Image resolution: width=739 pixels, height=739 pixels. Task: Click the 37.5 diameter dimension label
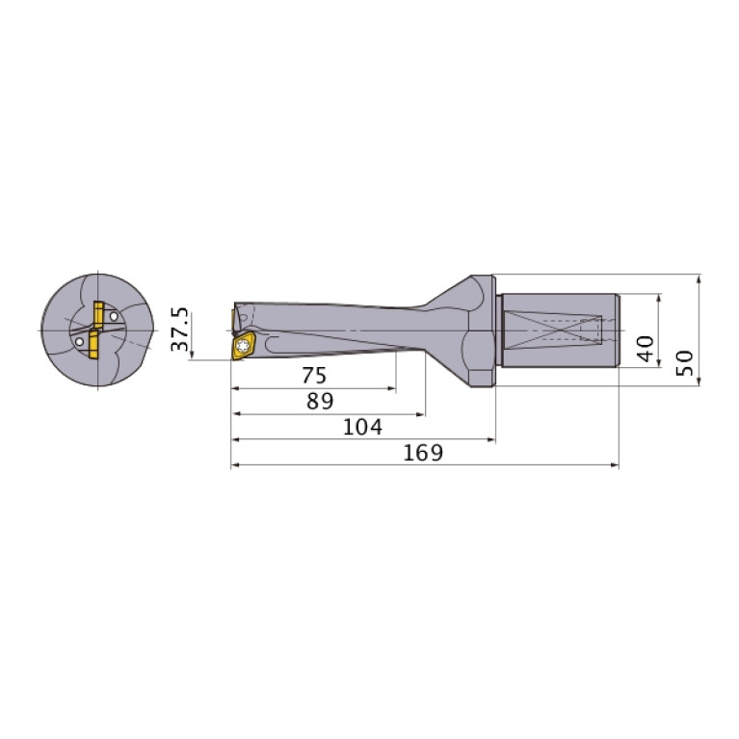pyautogui.click(x=179, y=330)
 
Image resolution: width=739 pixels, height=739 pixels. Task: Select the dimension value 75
pyautogui.click(x=314, y=376)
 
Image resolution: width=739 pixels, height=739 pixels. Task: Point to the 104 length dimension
pyautogui.click(x=362, y=427)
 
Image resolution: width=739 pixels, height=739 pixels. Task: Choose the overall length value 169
pyautogui.click(x=424, y=453)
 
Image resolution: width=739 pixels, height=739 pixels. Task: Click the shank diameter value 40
pyautogui.click(x=646, y=348)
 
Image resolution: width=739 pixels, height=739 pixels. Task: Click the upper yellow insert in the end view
pyautogui.click(x=98, y=315)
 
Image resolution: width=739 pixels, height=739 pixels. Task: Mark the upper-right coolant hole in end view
pyautogui.click(x=115, y=315)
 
